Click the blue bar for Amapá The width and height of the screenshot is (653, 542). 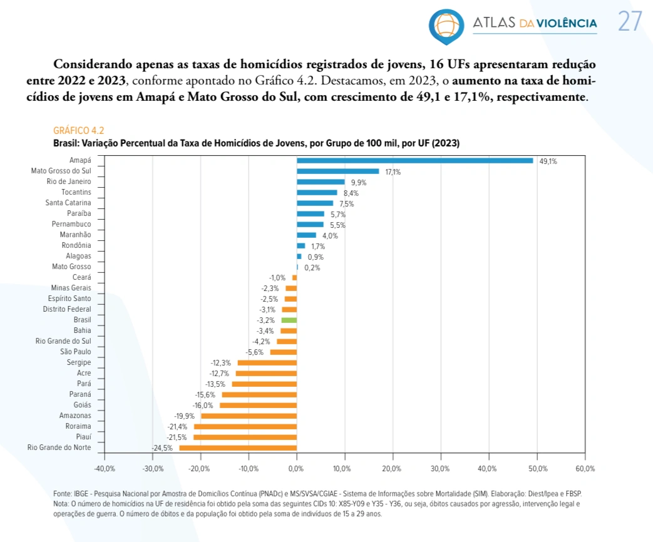(414, 160)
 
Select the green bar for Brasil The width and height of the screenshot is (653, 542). (289, 320)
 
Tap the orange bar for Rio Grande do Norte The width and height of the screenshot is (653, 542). (238, 447)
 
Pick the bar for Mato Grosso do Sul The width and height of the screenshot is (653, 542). (337, 171)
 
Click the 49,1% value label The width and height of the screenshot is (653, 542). (548, 161)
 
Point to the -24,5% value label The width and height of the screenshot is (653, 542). (162, 448)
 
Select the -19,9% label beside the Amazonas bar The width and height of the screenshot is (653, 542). (185, 416)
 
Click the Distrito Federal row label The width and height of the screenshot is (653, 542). (67, 309)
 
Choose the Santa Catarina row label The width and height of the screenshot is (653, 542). (68, 203)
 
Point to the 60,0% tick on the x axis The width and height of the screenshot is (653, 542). (585, 469)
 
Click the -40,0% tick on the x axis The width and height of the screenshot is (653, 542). (105, 469)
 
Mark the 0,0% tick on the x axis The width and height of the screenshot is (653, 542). (297, 469)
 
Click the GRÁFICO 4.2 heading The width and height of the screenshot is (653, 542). (78, 130)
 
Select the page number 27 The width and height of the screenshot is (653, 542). (630, 22)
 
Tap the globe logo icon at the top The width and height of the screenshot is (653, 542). (446, 24)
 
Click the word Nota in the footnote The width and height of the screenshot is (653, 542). (61, 504)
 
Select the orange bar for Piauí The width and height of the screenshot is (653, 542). (245, 437)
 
